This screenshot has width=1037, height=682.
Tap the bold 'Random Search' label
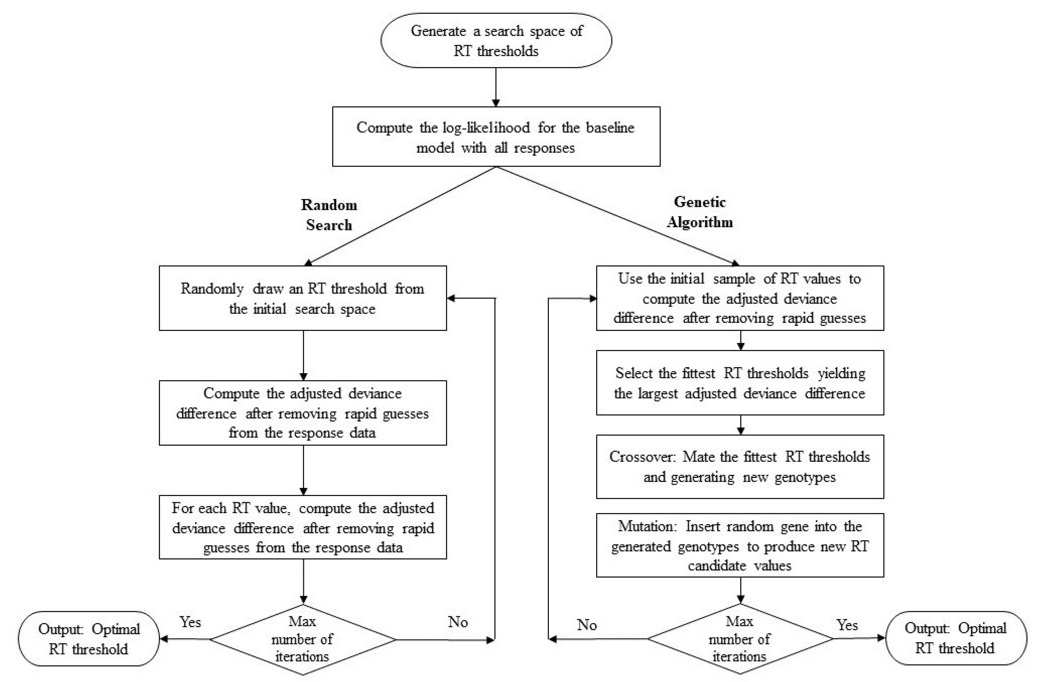click(x=329, y=215)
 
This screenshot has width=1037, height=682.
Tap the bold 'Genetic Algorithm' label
click(x=700, y=212)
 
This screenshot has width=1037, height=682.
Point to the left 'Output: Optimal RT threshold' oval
click(x=89, y=639)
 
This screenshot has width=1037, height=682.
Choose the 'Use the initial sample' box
click(x=739, y=298)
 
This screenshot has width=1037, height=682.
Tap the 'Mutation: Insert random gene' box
click(x=739, y=545)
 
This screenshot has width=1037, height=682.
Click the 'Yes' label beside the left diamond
click(x=190, y=622)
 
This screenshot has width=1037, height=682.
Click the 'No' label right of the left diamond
click(x=458, y=622)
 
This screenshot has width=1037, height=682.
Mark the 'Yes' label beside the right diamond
click(x=847, y=625)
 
